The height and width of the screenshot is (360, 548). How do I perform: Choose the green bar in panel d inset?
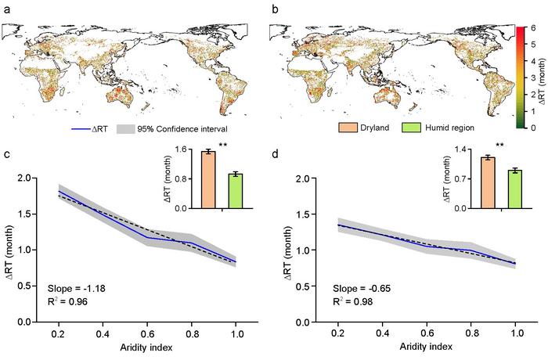pyautogui.click(x=492, y=189)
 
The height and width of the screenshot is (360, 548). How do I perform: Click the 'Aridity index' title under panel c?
pyautogui.click(x=146, y=346)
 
